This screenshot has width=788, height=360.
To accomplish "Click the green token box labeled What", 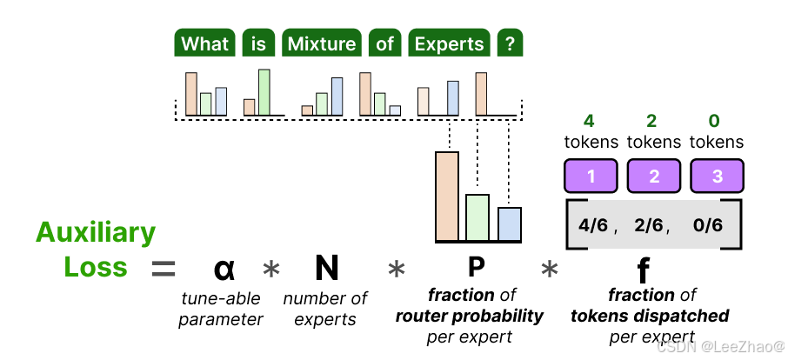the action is (x=205, y=44).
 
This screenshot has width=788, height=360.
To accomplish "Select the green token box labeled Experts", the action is (x=449, y=44).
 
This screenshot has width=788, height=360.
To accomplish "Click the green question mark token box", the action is (x=510, y=44).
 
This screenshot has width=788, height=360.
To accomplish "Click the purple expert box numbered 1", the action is (x=591, y=176).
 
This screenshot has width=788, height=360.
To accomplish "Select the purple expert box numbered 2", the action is (x=654, y=176).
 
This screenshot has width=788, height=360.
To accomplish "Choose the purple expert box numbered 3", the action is (x=717, y=176).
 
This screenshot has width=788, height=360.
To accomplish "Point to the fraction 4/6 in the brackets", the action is (x=594, y=226).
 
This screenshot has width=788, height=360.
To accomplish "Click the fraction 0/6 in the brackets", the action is (x=708, y=226).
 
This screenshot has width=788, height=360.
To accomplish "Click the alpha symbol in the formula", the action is (x=224, y=270).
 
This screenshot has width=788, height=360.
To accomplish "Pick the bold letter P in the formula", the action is (x=476, y=267).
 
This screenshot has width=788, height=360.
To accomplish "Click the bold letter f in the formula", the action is (x=643, y=270).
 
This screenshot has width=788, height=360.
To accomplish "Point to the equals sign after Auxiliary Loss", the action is (x=164, y=269).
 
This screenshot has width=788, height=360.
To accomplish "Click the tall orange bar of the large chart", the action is (x=447, y=197).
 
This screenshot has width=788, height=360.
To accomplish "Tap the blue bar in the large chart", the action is (x=510, y=223).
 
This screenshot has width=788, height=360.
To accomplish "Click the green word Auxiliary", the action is (x=96, y=233).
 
